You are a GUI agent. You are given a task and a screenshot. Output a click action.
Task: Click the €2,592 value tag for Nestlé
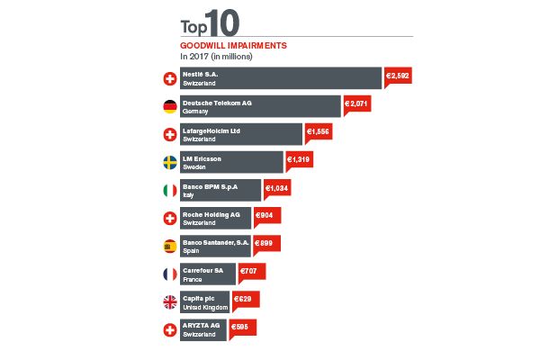pos(398,76)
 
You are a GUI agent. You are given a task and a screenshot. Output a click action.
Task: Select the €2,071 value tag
pos(356,104)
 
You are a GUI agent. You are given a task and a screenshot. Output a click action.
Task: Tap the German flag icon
pos(168,107)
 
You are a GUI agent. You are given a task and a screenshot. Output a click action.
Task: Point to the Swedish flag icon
pos(168,163)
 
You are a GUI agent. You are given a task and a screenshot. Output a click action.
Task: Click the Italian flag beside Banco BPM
pos(168,191)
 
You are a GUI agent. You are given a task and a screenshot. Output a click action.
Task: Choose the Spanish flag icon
pos(168,246)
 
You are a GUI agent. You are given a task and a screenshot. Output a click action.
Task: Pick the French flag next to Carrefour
pos(168,274)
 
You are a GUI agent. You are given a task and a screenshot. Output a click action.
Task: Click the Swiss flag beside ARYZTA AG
pos(168,329)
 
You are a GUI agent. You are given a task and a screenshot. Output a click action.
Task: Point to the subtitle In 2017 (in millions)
pos(216,56)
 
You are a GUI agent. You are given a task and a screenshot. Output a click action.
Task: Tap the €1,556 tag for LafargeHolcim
pos(319,131)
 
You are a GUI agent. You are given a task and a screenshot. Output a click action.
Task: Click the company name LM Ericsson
pos(202,158)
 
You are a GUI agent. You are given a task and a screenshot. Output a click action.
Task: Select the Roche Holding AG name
pos(211,214)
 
